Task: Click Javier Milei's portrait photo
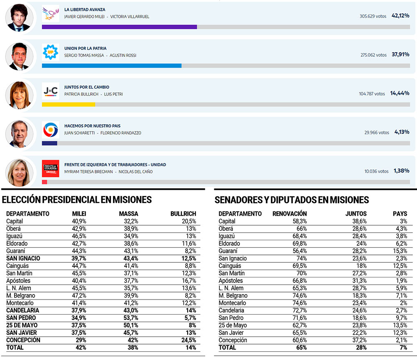tap(20, 18)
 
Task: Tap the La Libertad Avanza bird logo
tap(50, 13)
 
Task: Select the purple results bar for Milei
tap(119, 27)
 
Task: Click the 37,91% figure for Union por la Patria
tap(400, 55)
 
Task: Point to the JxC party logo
tap(50, 90)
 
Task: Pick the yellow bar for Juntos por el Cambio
tap(68, 104)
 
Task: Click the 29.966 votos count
tap(377, 133)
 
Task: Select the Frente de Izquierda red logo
tap(50, 168)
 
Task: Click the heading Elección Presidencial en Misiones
tap(77, 200)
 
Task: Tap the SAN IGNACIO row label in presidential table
tap(23, 258)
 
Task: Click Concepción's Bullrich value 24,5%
tap(186, 340)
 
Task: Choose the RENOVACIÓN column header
tap(289, 214)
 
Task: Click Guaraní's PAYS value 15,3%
tap(401, 251)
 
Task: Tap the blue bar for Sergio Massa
tap(111, 65)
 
